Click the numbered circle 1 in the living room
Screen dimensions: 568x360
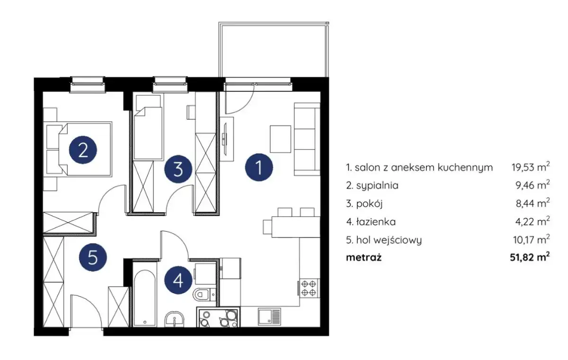[x=259, y=167]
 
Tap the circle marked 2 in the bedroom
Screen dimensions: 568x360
[x=83, y=150]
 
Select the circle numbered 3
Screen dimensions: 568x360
[x=178, y=169]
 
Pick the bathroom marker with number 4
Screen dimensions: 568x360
[x=178, y=280]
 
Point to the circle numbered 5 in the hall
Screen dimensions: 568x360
[x=93, y=258]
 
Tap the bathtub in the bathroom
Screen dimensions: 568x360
[x=144, y=298]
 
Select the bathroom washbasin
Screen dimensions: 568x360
[x=175, y=319]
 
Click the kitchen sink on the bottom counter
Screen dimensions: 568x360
[x=269, y=316]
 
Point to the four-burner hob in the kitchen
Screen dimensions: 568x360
[x=309, y=288]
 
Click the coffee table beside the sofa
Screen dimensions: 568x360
[x=280, y=139]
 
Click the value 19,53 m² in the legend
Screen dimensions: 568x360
[x=531, y=167]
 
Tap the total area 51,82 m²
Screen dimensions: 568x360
[x=530, y=257]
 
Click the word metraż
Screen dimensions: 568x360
[x=364, y=257]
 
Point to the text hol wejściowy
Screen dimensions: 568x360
[x=389, y=240]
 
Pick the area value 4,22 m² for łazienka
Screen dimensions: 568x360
[x=532, y=222]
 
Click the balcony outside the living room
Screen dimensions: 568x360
[x=274, y=50]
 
